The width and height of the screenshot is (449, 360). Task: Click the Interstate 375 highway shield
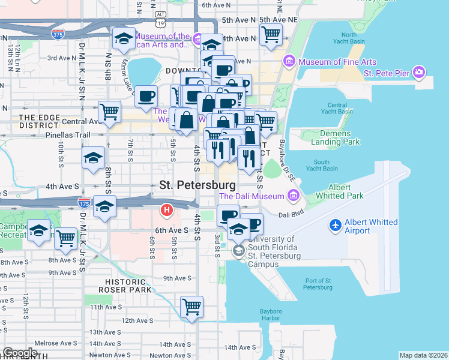click(58, 34)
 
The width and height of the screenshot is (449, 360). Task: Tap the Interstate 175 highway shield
click(84, 203)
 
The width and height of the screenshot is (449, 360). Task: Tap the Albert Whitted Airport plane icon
click(335, 226)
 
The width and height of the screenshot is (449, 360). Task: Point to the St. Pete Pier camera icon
click(419, 73)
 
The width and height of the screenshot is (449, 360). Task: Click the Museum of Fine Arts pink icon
click(289, 61)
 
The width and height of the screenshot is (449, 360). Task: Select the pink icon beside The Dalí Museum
click(293, 196)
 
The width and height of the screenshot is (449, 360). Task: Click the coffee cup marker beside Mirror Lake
click(146, 96)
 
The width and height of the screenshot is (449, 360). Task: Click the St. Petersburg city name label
click(197, 185)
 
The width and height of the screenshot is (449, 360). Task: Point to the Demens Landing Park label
click(331, 137)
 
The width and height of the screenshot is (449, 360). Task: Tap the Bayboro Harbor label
click(270, 314)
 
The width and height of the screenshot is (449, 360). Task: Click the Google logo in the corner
click(20, 353)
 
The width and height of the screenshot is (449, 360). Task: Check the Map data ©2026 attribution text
click(423, 355)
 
